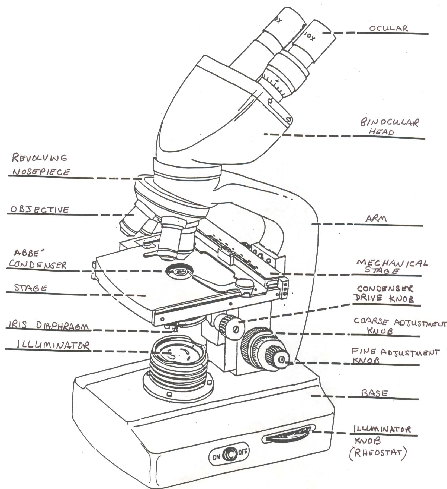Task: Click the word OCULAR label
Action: tap(388, 29)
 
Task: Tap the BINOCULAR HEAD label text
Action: tap(389, 127)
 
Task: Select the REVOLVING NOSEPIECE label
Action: tap(39, 165)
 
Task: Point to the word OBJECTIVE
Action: tap(40, 209)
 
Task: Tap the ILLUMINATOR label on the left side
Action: tap(53, 345)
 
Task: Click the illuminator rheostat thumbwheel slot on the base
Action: tap(288, 437)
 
